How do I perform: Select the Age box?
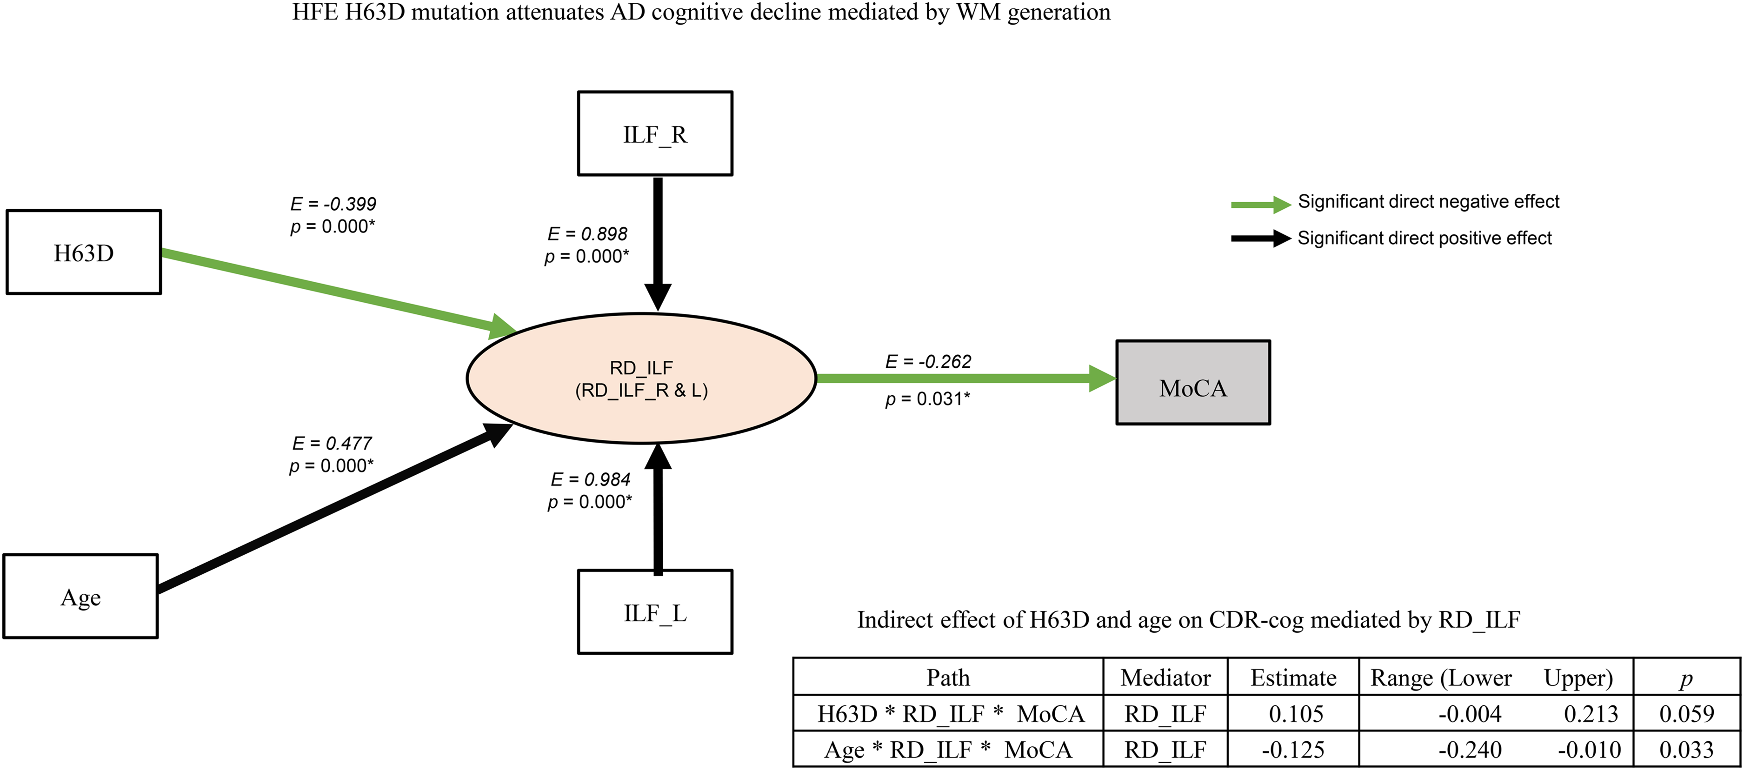(x=80, y=596)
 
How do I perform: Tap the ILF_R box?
(x=655, y=133)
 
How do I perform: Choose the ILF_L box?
(x=655, y=611)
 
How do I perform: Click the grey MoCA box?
(x=1193, y=382)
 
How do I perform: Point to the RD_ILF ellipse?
(x=641, y=378)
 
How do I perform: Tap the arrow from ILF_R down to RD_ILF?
(x=658, y=244)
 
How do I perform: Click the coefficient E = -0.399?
(x=333, y=204)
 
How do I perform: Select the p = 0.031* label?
(x=927, y=398)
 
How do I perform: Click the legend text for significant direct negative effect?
(x=1429, y=202)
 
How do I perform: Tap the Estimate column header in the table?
(x=1293, y=677)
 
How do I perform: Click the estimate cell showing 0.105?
(x=1296, y=714)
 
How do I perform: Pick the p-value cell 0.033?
(x=1686, y=750)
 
